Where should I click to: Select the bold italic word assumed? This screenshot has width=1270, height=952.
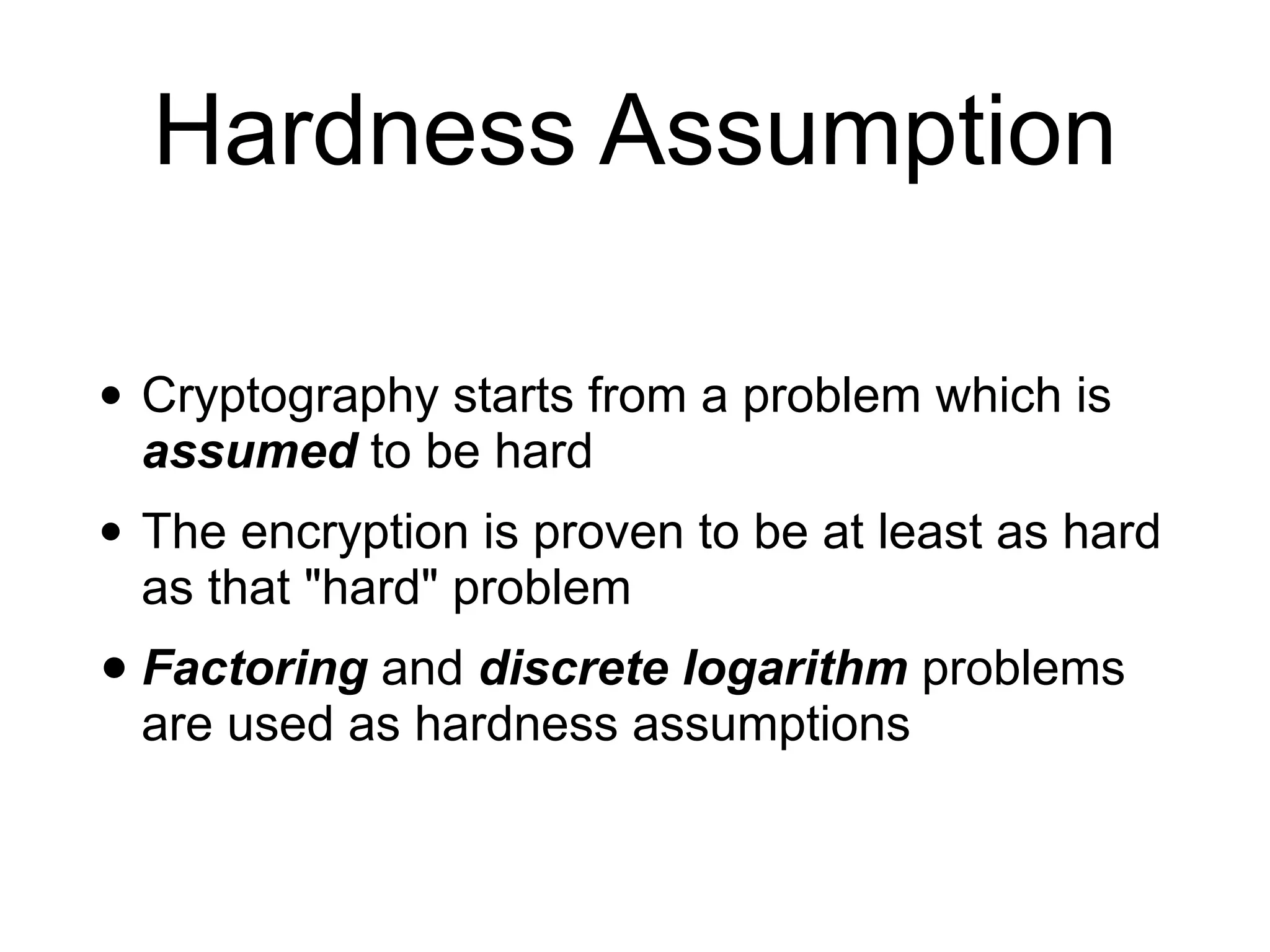coord(250,451)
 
